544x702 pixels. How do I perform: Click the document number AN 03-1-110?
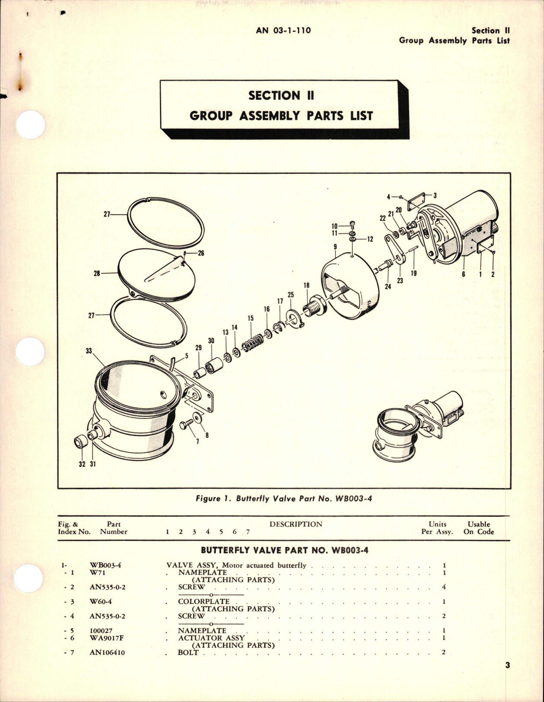point(283,30)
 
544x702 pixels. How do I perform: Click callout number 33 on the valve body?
point(89,351)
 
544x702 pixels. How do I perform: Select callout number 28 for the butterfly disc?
point(96,273)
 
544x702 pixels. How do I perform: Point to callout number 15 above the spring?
point(250,318)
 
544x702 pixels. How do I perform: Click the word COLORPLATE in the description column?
point(204,601)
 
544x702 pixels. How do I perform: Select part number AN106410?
point(107,652)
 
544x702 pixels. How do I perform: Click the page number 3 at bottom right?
point(507,665)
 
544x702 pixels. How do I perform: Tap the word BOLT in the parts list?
point(188,652)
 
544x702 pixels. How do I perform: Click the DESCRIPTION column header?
point(296,524)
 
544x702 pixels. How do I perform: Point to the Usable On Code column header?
point(478,528)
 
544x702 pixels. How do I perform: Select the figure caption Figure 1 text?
point(284,499)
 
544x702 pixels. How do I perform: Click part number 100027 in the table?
point(101,631)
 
